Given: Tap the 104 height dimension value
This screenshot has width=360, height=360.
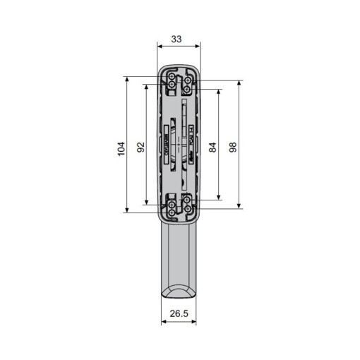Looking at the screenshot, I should tap(121, 148).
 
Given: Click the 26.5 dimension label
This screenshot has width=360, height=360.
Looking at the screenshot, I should tap(178, 313).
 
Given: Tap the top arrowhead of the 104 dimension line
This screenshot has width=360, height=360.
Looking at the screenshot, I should tap(127, 80).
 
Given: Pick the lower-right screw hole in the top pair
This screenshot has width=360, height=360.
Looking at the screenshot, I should tap(187, 89).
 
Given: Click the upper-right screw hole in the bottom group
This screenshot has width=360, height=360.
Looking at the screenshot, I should tap(187, 200).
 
